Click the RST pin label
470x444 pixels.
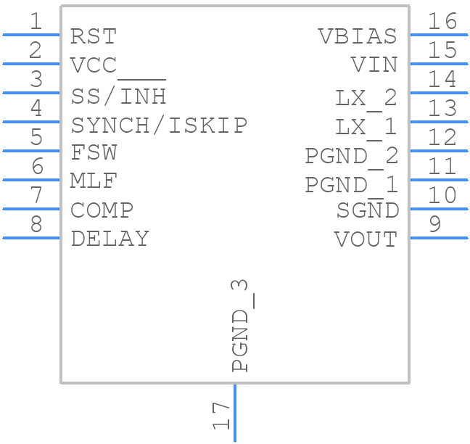click(x=94, y=36)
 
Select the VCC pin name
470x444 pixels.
click(x=94, y=65)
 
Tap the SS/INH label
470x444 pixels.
click(x=119, y=95)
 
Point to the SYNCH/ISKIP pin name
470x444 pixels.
click(x=159, y=125)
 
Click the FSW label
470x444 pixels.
click(x=94, y=153)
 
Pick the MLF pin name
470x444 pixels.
click(x=94, y=181)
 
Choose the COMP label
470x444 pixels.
click(x=102, y=210)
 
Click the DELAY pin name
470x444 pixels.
click(x=110, y=239)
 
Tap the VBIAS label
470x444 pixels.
click(x=358, y=36)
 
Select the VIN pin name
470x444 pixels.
click(x=374, y=65)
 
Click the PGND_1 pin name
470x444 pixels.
click(x=351, y=185)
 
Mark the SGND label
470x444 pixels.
click(x=367, y=210)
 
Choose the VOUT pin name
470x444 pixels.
click(x=366, y=239)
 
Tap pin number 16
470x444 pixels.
click(x=442, y=22)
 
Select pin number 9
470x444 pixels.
click(x=434, y=224)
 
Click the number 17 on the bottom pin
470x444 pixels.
click(x=220, y=416)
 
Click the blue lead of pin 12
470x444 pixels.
click(x=439, y=151)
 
